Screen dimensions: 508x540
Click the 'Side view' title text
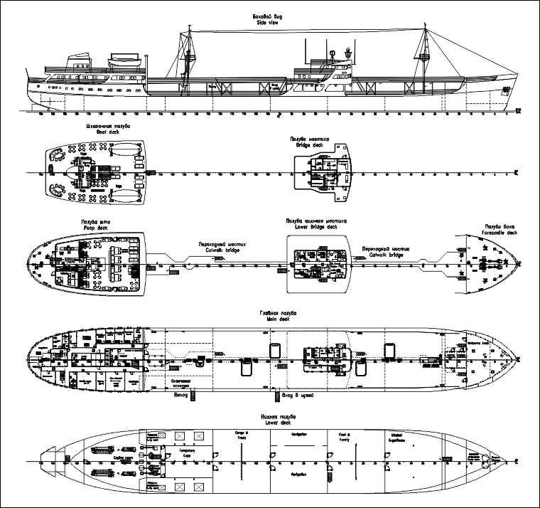(269, 23)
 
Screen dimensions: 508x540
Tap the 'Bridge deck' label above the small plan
(308, 144)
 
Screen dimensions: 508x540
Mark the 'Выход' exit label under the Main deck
(182, 395)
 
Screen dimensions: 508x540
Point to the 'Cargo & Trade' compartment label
(240, 435)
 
